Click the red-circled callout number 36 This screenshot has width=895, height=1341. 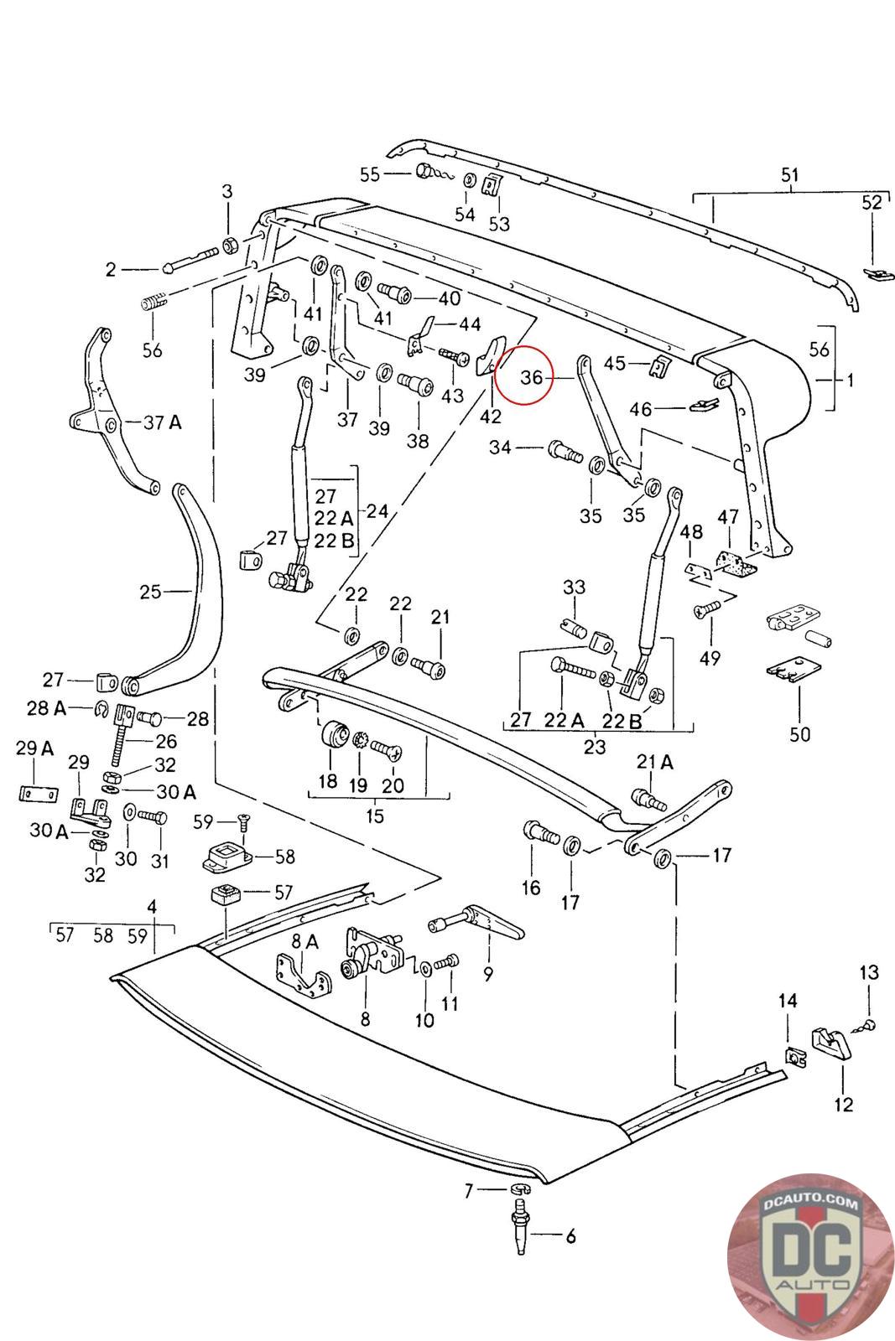[x=531, y=378]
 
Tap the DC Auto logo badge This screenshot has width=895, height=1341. [x=809, y=1256]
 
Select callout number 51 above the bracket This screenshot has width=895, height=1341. [x=790, y=175]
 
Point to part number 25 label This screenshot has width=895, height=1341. [x=150, y=592]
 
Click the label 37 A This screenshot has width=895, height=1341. [x=162, y=422]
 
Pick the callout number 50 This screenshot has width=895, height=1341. [x=799, y=734]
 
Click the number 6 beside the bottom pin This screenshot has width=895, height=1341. [x=570, y=1235]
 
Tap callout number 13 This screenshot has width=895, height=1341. [x=869, y=972]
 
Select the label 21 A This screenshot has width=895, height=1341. [x=655, y=762]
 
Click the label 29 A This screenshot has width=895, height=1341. [x=34, y=748]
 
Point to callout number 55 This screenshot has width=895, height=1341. [x=370, y=174]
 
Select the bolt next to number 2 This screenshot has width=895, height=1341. [x=191, y=260]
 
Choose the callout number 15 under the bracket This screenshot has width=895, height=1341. [x=374, y=815]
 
